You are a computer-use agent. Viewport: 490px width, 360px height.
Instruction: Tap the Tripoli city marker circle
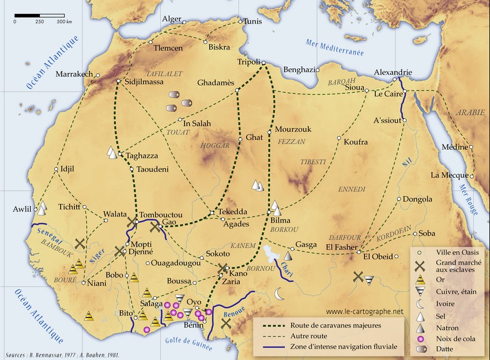(263, 62)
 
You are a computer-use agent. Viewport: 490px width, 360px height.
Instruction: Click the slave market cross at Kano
(224, 268)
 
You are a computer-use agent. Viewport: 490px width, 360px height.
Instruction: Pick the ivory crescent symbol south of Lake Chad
(280, 294)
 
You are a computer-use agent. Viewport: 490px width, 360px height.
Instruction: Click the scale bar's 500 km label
(65, 21)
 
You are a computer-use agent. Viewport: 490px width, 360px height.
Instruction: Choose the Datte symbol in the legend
(421, 348)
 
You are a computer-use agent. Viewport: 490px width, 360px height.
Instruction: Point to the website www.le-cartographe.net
(364, 312)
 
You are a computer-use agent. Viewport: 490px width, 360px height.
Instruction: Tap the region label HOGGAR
(214, 146)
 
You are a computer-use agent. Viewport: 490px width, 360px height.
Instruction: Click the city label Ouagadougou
(178, 264)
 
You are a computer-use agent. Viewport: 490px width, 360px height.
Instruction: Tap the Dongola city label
(417, 199)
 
